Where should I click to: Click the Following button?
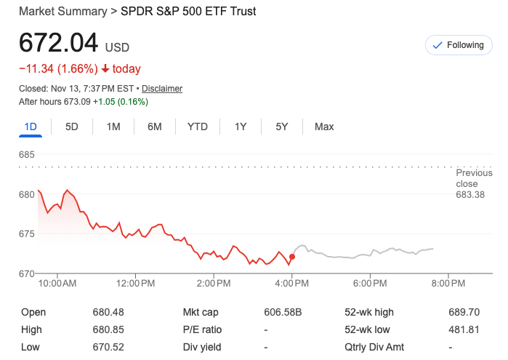pyautogui.click(x=458, y=45)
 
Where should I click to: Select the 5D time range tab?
pyautogui.click(x=72, y=127)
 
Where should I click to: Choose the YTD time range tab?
pyautogui.click(x=198, y=127)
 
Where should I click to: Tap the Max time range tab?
pyautogui.click(x=324, y=127)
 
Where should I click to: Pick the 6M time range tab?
pyautogui.click(x=155, y=127)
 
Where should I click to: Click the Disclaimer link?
pyautogui.click(x=162, y=89)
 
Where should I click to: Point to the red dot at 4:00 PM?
pyautogui.click(x=292, y=257)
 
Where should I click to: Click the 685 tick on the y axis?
pyautogui.click(x=27, y=155)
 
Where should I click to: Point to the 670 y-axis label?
pyautogui.click(x=27, y=273)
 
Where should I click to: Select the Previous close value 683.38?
pyautogui.click(x=470, y=195)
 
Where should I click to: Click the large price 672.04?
pyautogui.click(x=58, y=43)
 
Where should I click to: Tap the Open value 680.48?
pyautogui.click(x=108, y=312)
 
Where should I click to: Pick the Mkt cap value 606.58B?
pyautogui.click(x=282, y=312)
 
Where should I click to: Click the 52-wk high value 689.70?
pyautogui.click(x=464, y=312)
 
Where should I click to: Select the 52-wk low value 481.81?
pyautogui.click(x=464, y=329)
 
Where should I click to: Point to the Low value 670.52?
pyautogui.click(x=108, y=347)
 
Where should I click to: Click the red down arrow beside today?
pyautogui.click(x=105, y=69)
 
